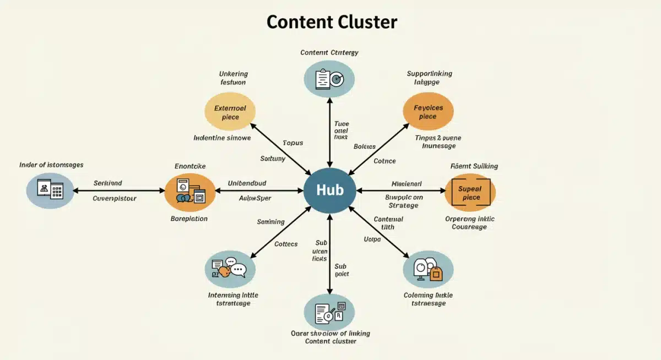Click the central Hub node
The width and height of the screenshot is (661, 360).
point(329,190)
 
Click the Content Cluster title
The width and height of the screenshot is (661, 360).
point(332,22)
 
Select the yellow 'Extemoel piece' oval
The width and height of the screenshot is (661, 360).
point(230,112)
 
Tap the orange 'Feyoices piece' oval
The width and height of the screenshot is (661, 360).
point(428,112)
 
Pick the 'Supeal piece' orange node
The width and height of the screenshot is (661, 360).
point(470,193)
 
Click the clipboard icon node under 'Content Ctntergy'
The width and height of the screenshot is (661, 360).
point(329,79)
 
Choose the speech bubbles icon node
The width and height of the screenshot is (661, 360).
point(230,269)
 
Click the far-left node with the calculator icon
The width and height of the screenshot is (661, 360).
point(50,190)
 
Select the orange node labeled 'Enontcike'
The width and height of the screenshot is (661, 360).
point(190,192)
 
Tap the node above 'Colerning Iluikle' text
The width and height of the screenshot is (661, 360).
point(428,270)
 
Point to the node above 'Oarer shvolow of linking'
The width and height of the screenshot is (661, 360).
point(329,312)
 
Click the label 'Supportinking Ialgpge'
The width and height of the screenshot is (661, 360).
point(429,78)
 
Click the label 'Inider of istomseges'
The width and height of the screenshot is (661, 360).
point(51,165)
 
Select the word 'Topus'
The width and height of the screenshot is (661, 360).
point(292,143)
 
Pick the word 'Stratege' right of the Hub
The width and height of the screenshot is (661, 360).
point(403,205)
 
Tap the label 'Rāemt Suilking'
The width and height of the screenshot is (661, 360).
point(474,166)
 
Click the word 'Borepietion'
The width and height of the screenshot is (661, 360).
point(189,219)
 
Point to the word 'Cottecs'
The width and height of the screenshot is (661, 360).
point(286,244)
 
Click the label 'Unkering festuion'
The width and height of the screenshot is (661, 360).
point(233,78)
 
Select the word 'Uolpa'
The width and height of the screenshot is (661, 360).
point(372,239)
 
